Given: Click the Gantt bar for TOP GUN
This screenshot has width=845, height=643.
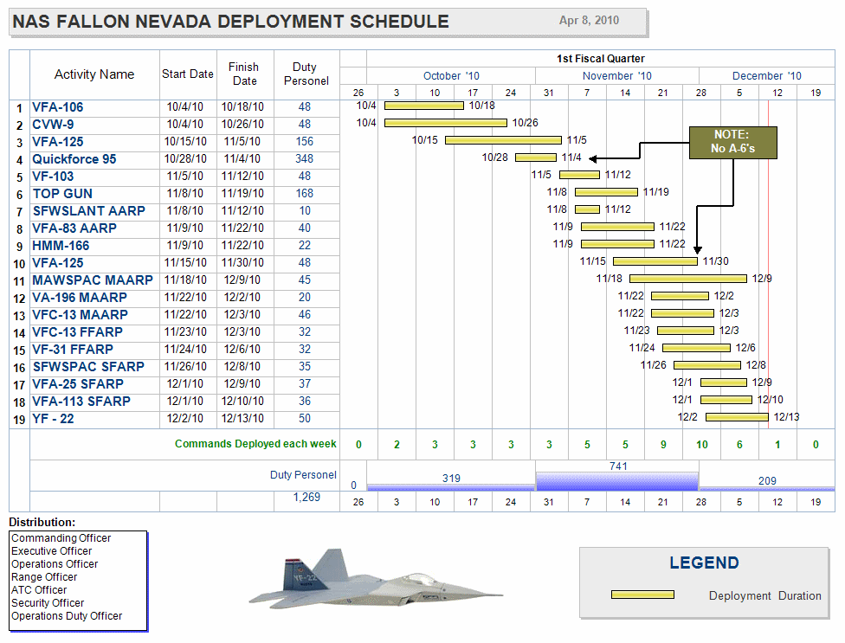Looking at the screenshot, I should (606, 192).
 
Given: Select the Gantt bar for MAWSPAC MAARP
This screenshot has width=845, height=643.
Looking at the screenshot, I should (687, 279).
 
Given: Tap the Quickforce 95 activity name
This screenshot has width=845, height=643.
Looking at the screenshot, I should (74, 159).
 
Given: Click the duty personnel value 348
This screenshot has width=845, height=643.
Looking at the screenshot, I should (304, 159).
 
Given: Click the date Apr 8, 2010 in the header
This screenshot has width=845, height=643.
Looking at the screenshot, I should (589, 21).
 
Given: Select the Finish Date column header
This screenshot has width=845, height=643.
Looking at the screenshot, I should (244, 74).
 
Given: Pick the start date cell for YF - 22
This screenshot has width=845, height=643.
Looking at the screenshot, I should (186, 419).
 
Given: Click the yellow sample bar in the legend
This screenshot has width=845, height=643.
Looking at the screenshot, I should (642, 595).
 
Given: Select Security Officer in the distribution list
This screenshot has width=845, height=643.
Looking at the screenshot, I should (48, 603).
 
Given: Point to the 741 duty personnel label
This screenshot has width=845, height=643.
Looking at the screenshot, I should (618, 466).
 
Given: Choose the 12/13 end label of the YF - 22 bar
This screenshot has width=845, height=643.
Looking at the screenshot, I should (786, 417).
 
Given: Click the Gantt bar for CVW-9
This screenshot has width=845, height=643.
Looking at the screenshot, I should (445, 123).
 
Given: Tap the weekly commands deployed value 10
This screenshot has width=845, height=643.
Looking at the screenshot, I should (701, 445).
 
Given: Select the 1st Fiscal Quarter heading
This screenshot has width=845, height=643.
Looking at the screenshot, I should (601, 59).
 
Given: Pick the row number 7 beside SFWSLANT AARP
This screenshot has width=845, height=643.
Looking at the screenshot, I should (19, 212).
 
